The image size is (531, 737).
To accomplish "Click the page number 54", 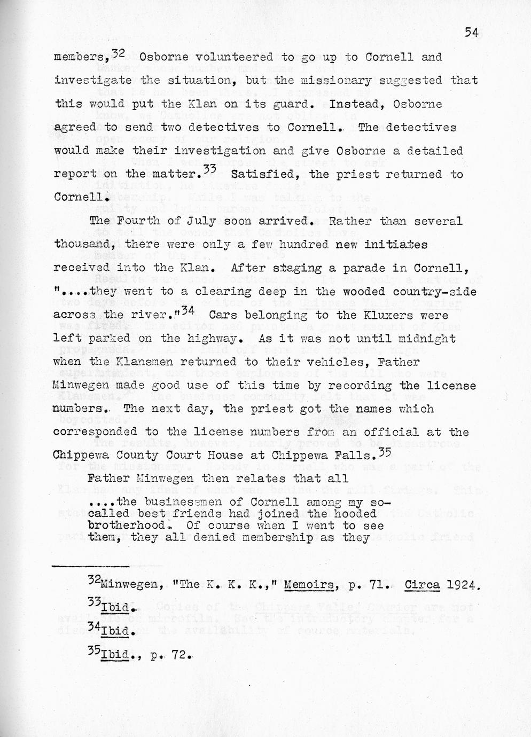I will pyautogui.click(x=470, y=32).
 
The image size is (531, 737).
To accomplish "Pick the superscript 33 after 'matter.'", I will pyautogui.click(x=209, y=170).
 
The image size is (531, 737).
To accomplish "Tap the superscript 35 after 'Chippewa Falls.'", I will pyautogui.click(x=384, y=451).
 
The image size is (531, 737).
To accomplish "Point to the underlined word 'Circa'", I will pyautogui.click(x=422, y=585).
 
